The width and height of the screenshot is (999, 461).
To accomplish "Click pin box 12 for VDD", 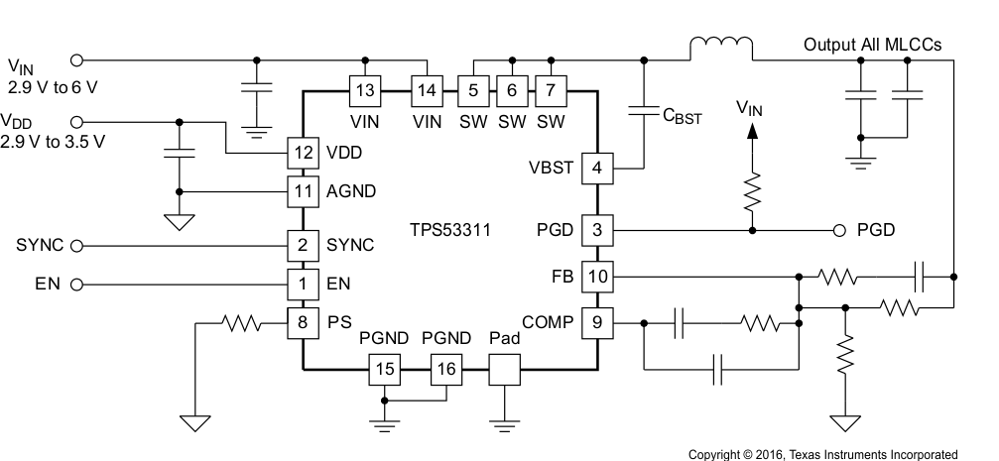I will [303, 154].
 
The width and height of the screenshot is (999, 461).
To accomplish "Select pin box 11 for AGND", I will [303, 190].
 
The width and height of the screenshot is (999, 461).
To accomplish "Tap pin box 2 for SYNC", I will [303, 245].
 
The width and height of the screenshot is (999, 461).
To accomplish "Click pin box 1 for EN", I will [303, 284].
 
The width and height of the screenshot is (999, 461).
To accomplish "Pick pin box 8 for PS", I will [303, 321].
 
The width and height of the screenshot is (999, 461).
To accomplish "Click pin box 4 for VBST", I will [596, 168].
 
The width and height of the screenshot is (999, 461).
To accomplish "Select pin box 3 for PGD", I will [596, 230].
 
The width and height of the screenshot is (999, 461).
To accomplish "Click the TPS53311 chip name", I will [450, 230].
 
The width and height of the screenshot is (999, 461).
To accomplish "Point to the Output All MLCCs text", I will [873, 45].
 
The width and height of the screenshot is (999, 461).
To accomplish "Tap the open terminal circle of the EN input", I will [77, 284].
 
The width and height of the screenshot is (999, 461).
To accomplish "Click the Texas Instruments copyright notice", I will [822, 453].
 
